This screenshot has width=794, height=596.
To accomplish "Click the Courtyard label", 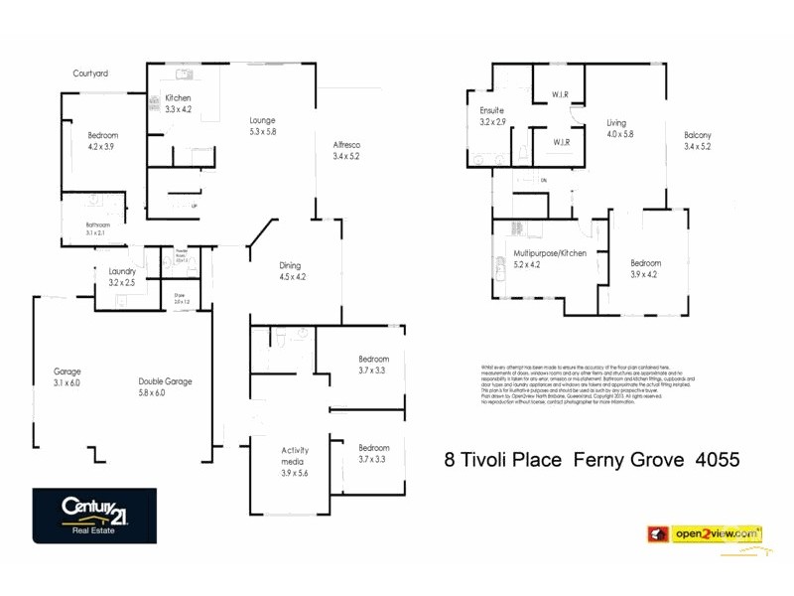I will tap(90, 73).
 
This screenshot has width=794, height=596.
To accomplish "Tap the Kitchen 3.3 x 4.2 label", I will tap(178, 103).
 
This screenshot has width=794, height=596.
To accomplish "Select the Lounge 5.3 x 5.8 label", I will tap(262, 125).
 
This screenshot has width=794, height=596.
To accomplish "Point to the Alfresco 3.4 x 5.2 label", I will tap(346, 150).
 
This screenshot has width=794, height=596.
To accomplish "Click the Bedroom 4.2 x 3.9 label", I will tap(102, 140).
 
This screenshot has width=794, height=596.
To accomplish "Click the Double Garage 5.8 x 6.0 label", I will tap(164, 386).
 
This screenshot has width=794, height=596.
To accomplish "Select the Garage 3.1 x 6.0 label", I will tap(67, 377).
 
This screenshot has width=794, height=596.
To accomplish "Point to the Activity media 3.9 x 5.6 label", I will tap(295, 461).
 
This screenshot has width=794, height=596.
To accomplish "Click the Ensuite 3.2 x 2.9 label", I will tap(492, 115).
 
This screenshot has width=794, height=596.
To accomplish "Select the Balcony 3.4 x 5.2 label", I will tap(698, 140).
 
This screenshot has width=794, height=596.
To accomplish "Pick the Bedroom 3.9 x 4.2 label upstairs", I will tap(645, 268).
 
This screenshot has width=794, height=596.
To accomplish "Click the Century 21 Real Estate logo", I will tap(94, 515).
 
